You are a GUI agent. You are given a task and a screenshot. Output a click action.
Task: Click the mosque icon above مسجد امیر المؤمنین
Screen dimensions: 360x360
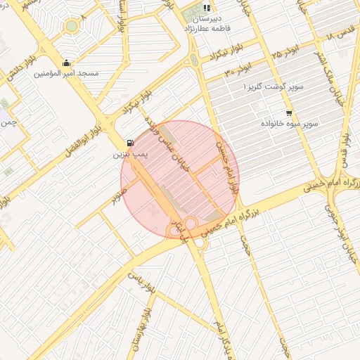(x=67, y=63)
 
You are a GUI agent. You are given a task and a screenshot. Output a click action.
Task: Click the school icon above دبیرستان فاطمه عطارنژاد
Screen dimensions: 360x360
(x=207, y=8)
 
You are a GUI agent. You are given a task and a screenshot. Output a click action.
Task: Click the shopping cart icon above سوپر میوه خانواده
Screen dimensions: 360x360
(x=289, y=113)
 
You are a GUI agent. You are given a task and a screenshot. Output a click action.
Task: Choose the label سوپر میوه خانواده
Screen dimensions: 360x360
(x=290, y=123)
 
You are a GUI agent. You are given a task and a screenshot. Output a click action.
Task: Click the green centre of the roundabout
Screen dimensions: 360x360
(x=71, y=27)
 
